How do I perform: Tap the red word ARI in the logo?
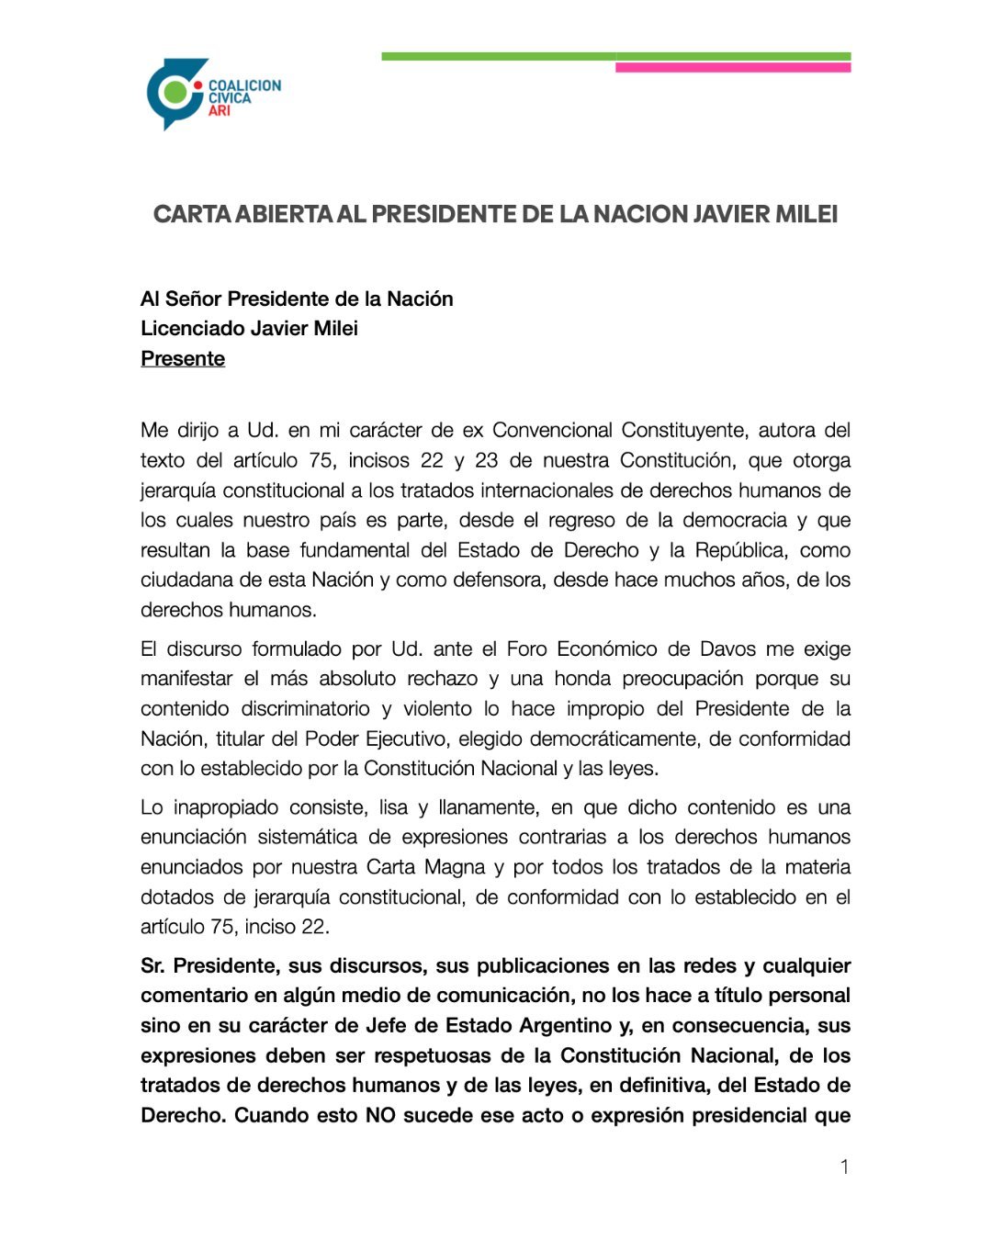click(x=219, y=111)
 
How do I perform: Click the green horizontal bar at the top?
click(x=496, y=57)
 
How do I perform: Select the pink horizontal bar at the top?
click(x=732, y=68)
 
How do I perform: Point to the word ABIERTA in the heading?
click(x=284, y=214)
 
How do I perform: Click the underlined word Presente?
click(x=183, y=358)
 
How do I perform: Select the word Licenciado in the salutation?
click(x=187, y=328)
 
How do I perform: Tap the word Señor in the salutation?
click(x=194, y=299)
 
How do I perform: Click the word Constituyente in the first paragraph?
click(x=684, y=430)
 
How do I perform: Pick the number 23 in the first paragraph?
click(x=488, y=460)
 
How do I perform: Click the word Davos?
click(x=727, y=648)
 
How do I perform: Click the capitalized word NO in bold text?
click(x=380, y=1115)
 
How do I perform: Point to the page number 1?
click(x=844, y=1167)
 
